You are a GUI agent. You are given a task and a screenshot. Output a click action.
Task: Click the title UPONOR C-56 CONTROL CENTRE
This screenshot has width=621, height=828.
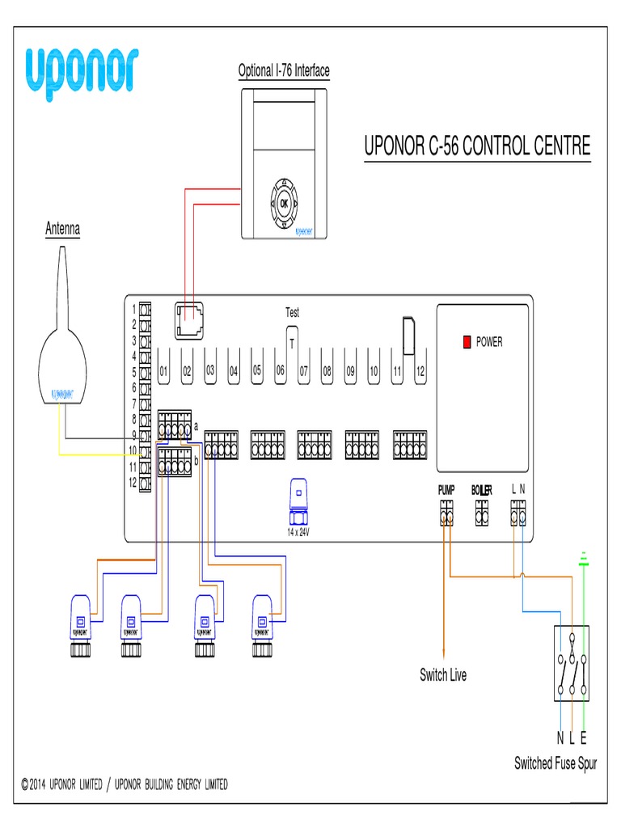(477, 146)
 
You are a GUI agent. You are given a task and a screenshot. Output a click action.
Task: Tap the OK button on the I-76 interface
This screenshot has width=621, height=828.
(284, 204)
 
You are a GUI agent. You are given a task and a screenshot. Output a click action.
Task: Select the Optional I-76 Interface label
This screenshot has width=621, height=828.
(284, 71)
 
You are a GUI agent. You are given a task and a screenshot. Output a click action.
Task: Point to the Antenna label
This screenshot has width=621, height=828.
(62, 230)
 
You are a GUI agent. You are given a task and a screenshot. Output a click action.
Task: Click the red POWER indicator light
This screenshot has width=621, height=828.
(467, 342)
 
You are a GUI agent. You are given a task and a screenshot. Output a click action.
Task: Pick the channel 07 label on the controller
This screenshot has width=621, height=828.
(304, 372)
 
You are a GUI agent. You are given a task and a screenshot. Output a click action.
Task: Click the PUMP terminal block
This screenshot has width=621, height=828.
(446, 513)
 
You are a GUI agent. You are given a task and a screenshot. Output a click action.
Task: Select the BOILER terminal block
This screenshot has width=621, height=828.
(482, 513)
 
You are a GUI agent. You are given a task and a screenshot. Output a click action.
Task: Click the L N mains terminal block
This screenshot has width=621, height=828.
(518, 513)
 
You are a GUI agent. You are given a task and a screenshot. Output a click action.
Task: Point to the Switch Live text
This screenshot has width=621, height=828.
(442, 675)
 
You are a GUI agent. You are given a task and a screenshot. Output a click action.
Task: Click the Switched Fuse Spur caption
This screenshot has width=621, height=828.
(556, 763)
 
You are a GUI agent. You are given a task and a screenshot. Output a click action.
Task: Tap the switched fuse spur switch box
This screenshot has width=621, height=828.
(572, 662)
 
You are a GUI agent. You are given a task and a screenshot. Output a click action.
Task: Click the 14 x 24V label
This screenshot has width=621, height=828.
(298, 533)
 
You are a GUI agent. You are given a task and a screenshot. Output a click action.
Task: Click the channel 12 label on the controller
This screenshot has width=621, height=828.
(420, 372)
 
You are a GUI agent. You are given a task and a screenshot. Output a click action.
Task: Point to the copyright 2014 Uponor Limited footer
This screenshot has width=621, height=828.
(125, 784)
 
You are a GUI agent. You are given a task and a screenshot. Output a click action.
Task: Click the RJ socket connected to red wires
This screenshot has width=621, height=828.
(189, 321)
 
